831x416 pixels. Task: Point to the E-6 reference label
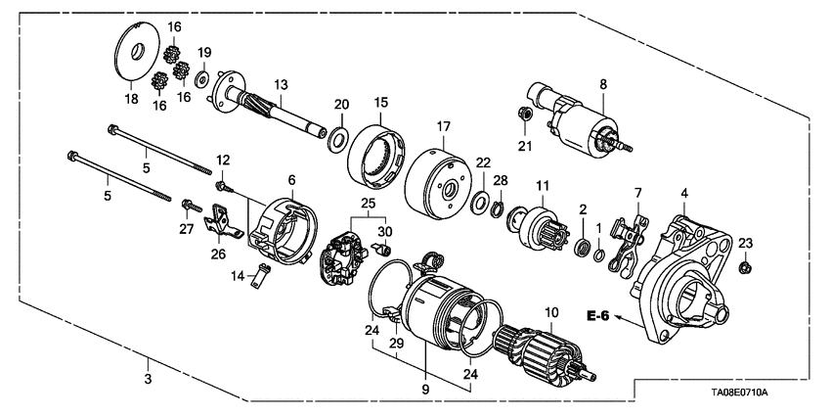pyautogui.click(x=599, y=314)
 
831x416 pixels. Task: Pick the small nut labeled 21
pyautogui.click(x=524, y=116)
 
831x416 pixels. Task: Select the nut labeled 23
pyautogui.click(x=745, y=265)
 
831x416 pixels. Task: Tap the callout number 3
pyautogui.click(x=148, y=377)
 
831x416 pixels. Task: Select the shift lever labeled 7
pyautogui.click(x=627, y=244)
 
